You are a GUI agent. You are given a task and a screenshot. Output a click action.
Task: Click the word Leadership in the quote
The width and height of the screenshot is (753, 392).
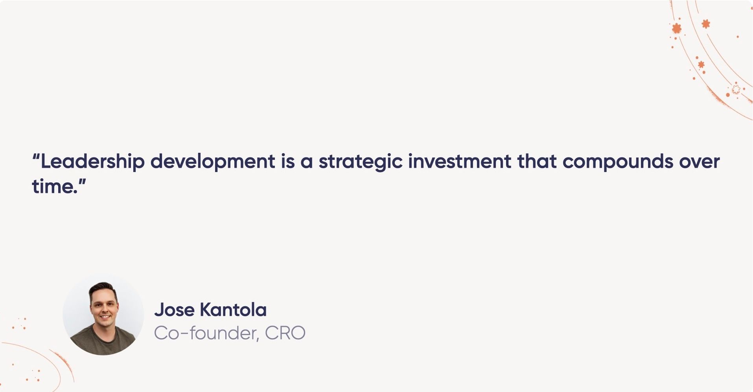tap(92, 162)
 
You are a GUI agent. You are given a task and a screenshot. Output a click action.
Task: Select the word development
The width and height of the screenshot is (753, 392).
tap(213, 162)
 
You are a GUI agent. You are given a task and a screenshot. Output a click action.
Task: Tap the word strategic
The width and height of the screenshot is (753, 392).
tap(360, 162)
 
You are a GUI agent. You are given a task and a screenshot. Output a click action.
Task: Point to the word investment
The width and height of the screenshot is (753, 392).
tap(459, 161)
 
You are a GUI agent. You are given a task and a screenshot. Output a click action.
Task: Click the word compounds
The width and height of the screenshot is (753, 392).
tap(618, 162)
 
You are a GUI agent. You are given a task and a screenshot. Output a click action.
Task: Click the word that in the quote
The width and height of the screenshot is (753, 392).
tap(537, 161)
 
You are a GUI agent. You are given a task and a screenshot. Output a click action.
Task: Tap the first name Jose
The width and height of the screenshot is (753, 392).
tap(174, 310)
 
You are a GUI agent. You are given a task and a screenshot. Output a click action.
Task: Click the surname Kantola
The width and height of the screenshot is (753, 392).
tap(233, 310)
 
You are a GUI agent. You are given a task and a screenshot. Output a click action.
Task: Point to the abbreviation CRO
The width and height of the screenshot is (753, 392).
tap(285, 333)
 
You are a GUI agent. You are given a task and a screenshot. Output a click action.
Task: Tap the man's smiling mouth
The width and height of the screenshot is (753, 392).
tap(105, 317)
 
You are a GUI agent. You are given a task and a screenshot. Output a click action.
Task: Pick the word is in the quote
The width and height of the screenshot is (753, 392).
tap(287, 161)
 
